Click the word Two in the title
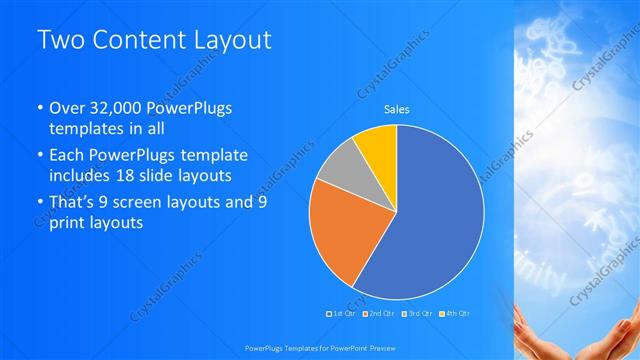tap(61, 41)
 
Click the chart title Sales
tap(397, 109)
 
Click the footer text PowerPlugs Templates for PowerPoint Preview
tap(319, 349)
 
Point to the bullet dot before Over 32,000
tap(39, 108)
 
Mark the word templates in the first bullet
tap(84, 129)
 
